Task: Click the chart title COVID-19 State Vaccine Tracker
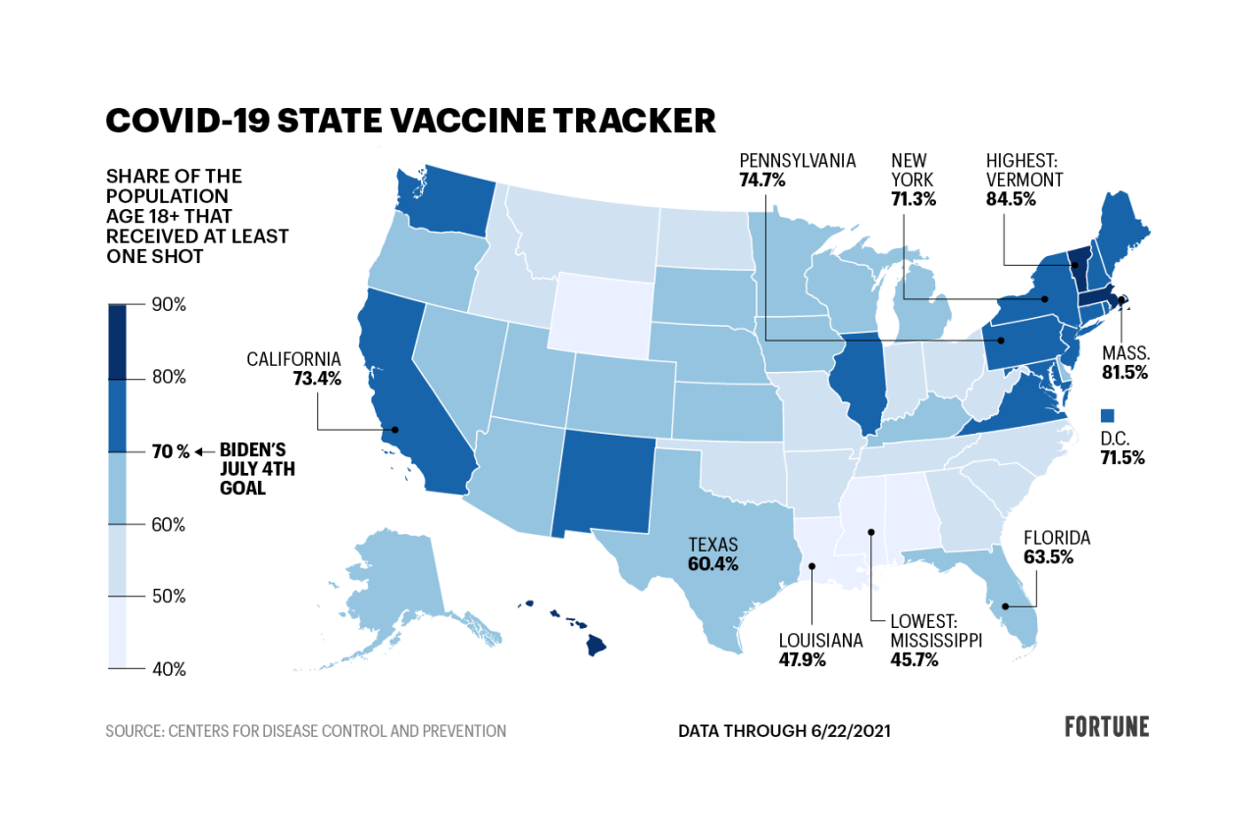(410, 120)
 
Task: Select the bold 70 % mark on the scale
(170, 451)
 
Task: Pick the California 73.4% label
(293, 368)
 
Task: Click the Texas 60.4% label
(712, 553)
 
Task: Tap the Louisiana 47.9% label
(820, 650)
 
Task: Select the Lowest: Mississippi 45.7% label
(936, 640)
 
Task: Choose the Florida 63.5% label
(1057, 548)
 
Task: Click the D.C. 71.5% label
(1123, 447)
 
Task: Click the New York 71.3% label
(914, 179)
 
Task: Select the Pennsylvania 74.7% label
(797, 170)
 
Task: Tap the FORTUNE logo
(1107, 727)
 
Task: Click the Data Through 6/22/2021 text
(784, 731)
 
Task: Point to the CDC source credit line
(306, 731)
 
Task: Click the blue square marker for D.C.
(1109, 415)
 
